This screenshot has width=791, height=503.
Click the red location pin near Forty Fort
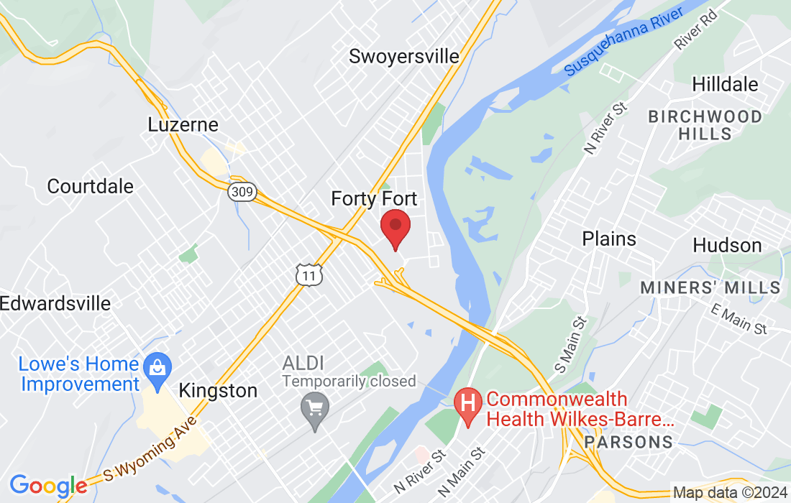point(395,226)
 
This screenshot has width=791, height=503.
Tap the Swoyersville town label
point(403,56)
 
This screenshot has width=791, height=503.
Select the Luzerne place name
point(183,124)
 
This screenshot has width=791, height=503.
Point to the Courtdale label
point(91,186)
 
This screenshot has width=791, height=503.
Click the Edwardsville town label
point(55,303)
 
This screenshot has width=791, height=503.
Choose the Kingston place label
point(217,391)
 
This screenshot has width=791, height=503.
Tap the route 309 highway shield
point(242,192)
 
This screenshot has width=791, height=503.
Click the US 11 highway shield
point(308,274)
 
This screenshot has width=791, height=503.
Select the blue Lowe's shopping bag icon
point(155,367)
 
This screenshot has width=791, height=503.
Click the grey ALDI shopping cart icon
point(314,407)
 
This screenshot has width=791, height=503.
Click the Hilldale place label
point(725,84)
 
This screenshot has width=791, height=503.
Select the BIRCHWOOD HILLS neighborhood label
point(705,125)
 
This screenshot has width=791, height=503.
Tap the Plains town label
point(609,239)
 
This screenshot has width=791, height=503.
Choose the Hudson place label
point(727,245)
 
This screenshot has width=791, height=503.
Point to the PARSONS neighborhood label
point(628,441)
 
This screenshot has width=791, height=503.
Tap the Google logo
point(48,485)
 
